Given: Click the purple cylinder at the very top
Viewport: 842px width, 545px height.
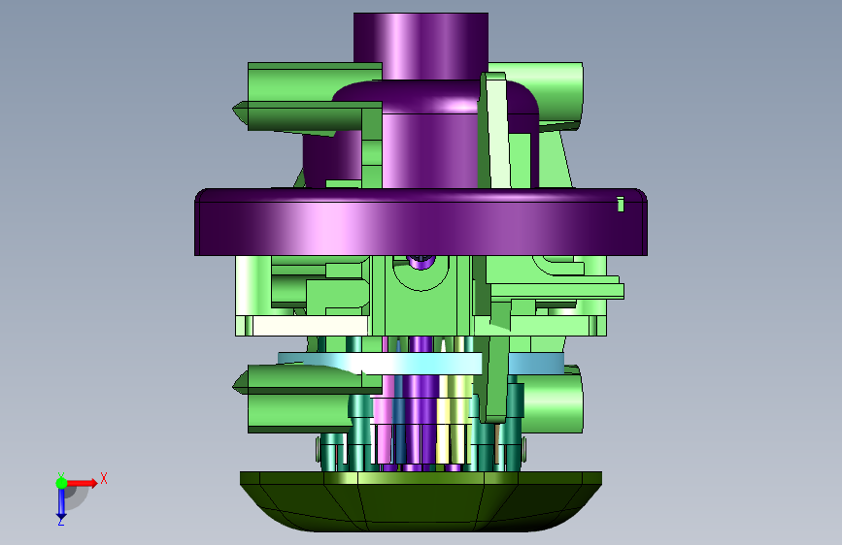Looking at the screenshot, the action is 421,47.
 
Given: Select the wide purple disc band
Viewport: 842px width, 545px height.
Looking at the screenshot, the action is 421,221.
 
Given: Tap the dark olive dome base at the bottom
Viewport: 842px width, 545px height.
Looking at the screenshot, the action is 421,501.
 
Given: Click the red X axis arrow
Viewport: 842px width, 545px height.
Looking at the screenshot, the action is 82,483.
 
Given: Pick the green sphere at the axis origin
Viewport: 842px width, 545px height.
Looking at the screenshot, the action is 61,483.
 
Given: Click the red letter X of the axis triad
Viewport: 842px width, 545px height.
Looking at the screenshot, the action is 104,478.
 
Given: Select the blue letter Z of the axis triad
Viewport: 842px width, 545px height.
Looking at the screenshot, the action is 61,522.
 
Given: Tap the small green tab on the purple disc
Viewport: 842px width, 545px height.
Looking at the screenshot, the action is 621,205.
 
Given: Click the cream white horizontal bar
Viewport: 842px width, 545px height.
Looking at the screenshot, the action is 310,326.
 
